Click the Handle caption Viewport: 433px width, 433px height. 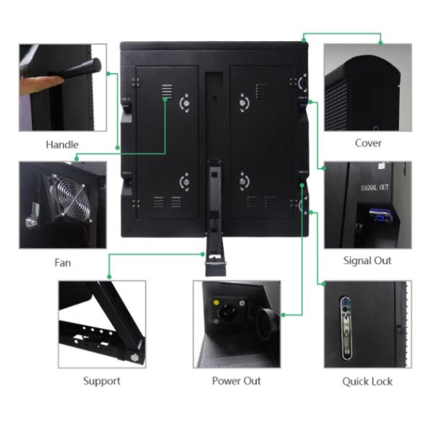click(62, 144)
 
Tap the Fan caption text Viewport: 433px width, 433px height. click(63, 263)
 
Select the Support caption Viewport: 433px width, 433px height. click(102, 380)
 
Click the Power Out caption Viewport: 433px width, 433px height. click(236, 380)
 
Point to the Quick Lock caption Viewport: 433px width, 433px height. click(367, 380)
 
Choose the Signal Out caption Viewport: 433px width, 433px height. click(367, 261)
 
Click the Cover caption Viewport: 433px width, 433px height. click(368, 143)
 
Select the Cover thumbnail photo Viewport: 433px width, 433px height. click(367, 87)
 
